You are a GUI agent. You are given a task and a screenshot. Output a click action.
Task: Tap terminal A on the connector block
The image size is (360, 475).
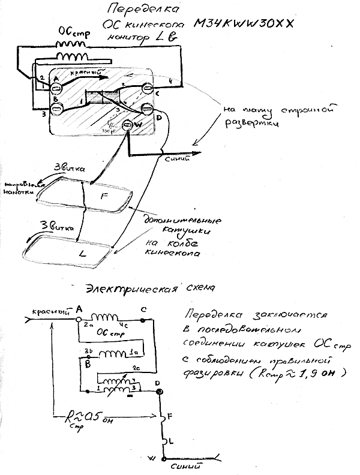pyautogui.click(x=55, y=85)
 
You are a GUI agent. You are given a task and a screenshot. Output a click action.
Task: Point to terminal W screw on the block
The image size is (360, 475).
pyautogui.click(x=127, y=125)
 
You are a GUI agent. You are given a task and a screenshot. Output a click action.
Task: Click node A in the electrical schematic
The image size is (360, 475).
pyautogui.click(x=79, y=320)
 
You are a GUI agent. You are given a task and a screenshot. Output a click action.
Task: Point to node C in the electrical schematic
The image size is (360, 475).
pyautogui.click(x=142, y=321)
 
